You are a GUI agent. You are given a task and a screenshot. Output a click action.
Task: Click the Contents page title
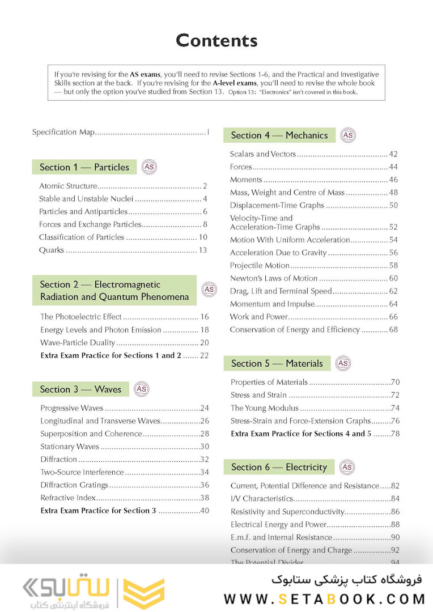pos(216,40)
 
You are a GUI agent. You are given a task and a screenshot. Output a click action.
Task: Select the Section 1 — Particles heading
pos(84,167)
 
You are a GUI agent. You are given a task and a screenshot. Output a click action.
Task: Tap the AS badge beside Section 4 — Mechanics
pos(348,135)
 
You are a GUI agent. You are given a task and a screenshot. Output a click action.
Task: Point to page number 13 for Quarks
pos(202,250)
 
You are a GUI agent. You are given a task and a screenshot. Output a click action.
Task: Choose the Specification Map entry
pos(62,132)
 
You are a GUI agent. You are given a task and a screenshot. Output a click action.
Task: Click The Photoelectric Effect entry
pos(81,317)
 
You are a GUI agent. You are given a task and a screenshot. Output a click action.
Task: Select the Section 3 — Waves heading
pos(80,389)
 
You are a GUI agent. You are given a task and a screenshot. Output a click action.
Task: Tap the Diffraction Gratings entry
pos(74,485)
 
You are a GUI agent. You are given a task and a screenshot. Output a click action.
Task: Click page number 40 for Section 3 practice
pos(205,511)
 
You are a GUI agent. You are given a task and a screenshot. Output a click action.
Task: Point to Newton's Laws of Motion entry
pos(274,278)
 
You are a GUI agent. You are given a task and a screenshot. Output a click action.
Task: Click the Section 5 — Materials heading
pos(277,364)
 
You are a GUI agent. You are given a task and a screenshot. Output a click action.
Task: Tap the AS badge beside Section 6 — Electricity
pos(347,467)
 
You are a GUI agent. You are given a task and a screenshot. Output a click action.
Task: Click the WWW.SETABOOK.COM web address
pos(324,598)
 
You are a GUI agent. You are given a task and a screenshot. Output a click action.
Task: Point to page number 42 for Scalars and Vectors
pos(393,154)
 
